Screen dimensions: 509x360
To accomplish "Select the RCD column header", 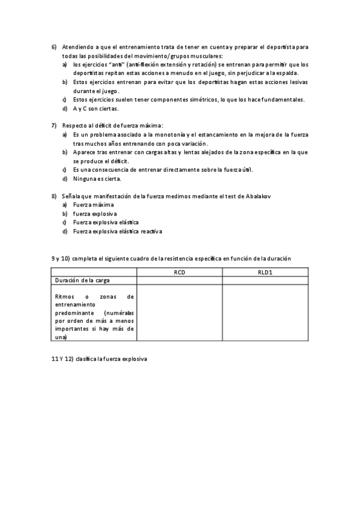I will pyautogui.click(x=179, y=272).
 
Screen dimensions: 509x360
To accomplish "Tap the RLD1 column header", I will pyautogui.click(x=265, y=272).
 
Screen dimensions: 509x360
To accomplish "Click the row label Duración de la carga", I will pyautogui.click(x=82, y=280).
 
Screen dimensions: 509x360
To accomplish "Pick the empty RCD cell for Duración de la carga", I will pyautogui.click(x=179, y=280).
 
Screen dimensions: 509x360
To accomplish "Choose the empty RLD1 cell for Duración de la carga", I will pyautogui.click(x=265, y=280).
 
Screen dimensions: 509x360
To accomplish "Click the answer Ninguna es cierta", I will pyautogui.click(x=97, y=179).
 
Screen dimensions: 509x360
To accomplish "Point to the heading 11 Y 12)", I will pyautogui.click(x=61, y=359).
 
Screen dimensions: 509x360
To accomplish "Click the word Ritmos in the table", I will pyautogui.click(x=64, y=297).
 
